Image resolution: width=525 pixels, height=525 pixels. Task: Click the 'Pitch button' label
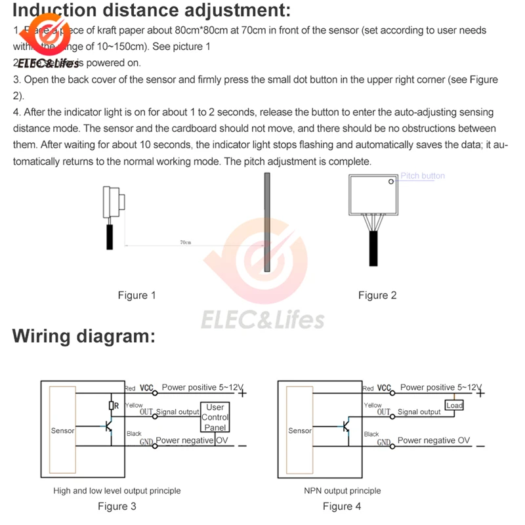pyautogui.click(x=423, y=176)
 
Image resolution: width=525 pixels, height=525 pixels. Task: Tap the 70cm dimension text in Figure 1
pyautogui.click(x=185, y=243)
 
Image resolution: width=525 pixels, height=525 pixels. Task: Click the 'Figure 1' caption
pyautogui.click(x=136, y=295)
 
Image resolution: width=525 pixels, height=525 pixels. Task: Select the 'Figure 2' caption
pyautogui.click(x=377, y=295)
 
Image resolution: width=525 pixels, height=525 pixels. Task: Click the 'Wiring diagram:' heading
pyautogui.click(x=84, y=337)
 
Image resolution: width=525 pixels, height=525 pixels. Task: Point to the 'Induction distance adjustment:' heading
pyautogui.click(x=152, y=11)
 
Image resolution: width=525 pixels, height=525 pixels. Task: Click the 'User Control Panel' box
pyautogui.click(x=215, y=417)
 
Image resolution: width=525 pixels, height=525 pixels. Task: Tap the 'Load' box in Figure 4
pyautogui.click(x=454, y=406)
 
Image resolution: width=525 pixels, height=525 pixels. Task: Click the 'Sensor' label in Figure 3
pyautogui.click(x=63, y=431)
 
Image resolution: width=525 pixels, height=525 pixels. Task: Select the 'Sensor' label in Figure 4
pyautogui.click(x=300, y=431)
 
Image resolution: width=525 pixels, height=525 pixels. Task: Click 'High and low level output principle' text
pyautogui.click(x=117, y=490)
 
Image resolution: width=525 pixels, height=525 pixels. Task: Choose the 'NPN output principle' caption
pyautogui.click(x=342, y=490)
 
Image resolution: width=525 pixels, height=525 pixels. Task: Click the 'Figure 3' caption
pyautogui.click(x=117, y=506)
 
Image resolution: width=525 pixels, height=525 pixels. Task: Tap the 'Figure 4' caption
pyautogui.click(x=342, y=506)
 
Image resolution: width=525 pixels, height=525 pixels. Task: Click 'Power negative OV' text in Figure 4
pyautogui.click(x=434, y=440)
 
